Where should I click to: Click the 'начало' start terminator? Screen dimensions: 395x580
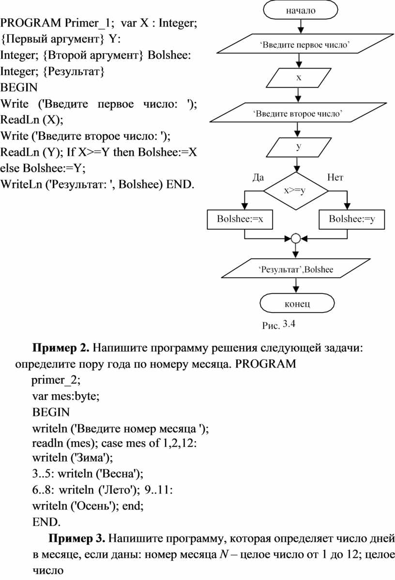(x=301, y=10)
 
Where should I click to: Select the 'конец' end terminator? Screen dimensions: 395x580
(x=297, y=303)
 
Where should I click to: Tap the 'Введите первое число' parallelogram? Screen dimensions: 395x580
(x=305, y=44)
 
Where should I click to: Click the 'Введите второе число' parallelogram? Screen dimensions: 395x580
(x=298, y=112)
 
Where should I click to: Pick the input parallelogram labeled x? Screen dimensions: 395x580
(x=298, y=78)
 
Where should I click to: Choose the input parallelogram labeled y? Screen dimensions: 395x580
(x=298, y=147)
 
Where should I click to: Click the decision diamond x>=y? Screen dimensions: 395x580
(x=296, y=191)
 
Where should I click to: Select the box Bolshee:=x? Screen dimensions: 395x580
(x=240, y=219)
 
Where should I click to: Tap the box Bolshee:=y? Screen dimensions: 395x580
(x=352, y=219)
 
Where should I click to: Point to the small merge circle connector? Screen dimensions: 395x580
(x=295, y=238)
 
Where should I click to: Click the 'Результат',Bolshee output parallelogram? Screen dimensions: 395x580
(x=296, y=268)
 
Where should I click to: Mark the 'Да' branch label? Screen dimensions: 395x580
(x=258, y=178)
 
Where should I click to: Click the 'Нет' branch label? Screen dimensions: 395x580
(x=335, y=178)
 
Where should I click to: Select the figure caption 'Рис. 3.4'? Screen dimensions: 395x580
(x=278, y=325)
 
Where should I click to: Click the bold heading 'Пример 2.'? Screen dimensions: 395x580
(x=61, y=348)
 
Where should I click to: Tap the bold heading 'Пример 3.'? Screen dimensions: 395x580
(x=77, y=538)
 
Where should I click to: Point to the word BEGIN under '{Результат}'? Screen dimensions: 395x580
(x=19, y=88)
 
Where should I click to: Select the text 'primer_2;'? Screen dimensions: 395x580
(x=56, y=380)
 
